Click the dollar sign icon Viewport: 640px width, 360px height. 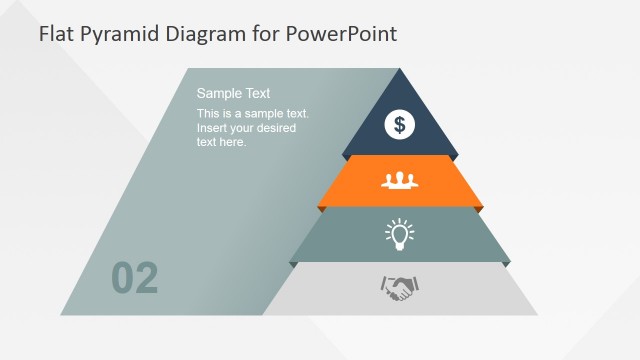(400, 124)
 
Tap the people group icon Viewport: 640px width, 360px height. (400, 180)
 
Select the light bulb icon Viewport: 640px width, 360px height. (400, 234)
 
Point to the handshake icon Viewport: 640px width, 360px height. (399, 289)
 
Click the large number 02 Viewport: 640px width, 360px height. (135, 279)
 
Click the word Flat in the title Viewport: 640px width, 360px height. (56, 34)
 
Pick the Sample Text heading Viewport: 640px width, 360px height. (233, 93)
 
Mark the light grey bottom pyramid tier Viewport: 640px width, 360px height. (470, 292)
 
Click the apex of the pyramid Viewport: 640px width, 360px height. (400, 71)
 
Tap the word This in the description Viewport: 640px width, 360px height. (209, 114)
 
